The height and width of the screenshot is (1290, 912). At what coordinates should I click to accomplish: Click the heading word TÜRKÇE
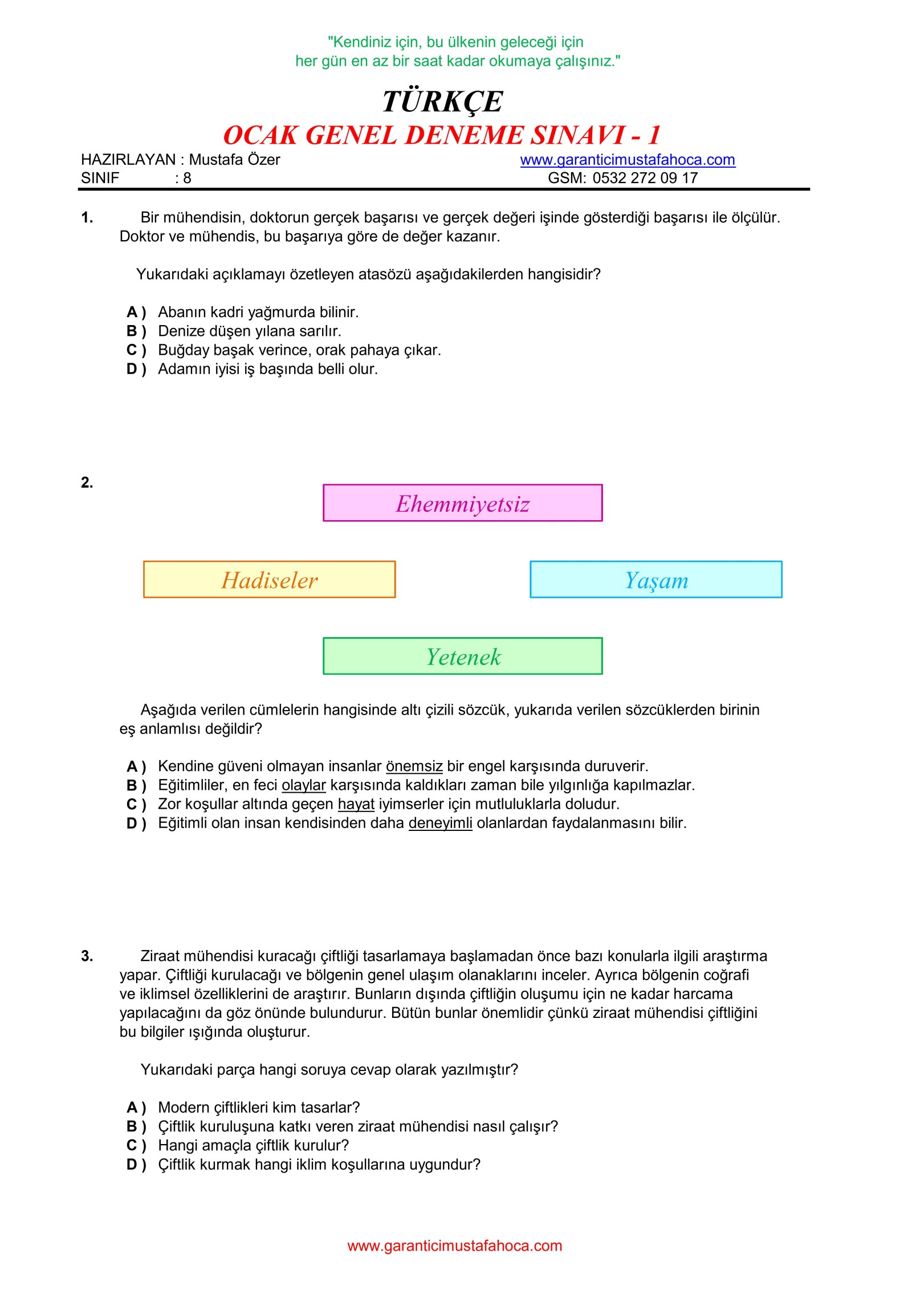click(x=442, y=102)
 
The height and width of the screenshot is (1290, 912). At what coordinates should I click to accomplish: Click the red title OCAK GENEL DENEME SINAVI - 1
click(x=442, y=136)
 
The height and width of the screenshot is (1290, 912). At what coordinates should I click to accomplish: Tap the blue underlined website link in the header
click(x=627, y=160)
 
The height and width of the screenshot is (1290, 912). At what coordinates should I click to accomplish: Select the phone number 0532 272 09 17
click(x=645, y=178)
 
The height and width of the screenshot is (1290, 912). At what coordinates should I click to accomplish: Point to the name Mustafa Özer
click(x=234, y=160)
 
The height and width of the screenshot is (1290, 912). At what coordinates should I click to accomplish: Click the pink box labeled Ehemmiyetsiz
click(x=462, y=503)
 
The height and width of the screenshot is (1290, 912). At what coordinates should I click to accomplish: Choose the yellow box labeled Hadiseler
click(x=269, y=579)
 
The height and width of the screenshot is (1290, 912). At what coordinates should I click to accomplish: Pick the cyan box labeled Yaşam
click(x=655, y=579)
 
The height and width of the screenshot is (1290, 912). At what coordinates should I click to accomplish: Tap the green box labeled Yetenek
click(x=462, y=656)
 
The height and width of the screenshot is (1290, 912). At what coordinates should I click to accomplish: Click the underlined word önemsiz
click(x=414, y=766)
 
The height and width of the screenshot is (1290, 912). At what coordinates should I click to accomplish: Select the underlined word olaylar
click(x=303, y=785)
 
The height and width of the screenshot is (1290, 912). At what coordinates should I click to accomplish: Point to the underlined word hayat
click(x=356, y=804)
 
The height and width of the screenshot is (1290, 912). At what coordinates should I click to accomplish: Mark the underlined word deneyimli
click(x=440, y=823)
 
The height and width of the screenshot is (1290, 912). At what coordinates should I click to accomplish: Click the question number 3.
click(x=87, y=956)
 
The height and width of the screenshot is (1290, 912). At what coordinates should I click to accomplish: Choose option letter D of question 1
click(x=132, y=369)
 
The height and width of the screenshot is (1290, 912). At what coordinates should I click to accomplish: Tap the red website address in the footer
click(x=454, y=1246)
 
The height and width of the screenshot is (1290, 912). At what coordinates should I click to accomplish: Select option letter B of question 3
click(x=132, y=1126)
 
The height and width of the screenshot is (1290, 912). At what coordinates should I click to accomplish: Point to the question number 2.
click(x=87, y=482)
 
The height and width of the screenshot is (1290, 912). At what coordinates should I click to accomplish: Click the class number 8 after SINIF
click(x=187, y=179)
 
